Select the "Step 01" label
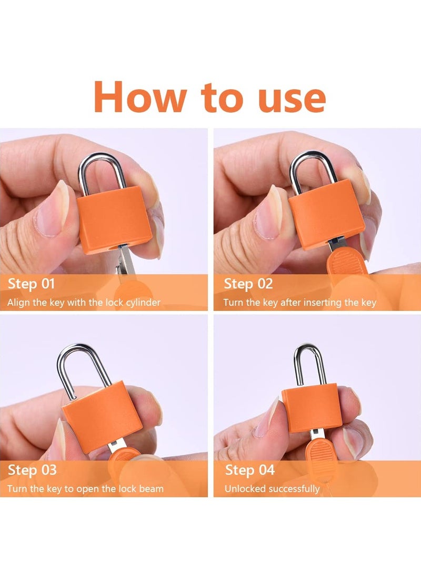pyautogui.click(x=31, y=284)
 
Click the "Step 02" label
pyautogui.click(x=248, y=284)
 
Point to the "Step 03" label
pyautogui.click(x=32, y=470)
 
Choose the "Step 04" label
pyautogui.click(x=249, y=470)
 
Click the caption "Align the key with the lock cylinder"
pyautogui.click(x=84, y=303)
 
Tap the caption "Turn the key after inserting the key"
pyautogui.click(x=300, y=303)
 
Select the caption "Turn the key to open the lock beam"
pyautogui.click(x=85, y=489)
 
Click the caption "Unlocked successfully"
pyautogui.click(x=272, y=489)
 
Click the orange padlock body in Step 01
pyautogui.click(x=114, y=219)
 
